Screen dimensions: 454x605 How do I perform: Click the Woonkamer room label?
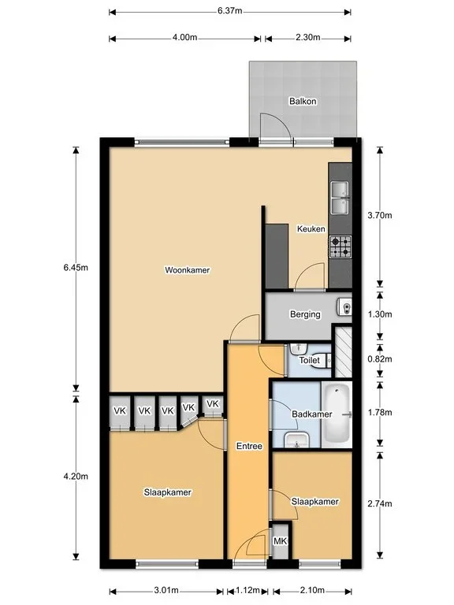pyautogui.click(x=188, y=270)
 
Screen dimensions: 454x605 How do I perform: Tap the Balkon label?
pyautogui.click(x=303, y=101)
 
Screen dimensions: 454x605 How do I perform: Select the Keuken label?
pyautogui.click(x=311, y=228)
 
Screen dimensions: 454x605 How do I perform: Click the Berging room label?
pyautogui.click(x=305, y=314)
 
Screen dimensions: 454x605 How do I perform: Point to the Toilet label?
pyautogui.click(x=310, y=360)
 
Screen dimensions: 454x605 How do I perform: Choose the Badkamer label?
pyautogui.click(x=312, y=414)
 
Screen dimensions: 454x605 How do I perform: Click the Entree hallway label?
pyautogui.click(x=249, y=446)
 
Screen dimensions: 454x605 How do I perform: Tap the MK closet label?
pyautogui.click(x=281, y=541)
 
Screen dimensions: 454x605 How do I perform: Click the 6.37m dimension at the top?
pyautogui.click(x=229, y=11)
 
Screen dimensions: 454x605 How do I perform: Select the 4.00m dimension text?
pyautogui.click(x=184, y=38)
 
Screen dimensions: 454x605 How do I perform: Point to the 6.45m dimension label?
pyautogui.click(x=76, y=267)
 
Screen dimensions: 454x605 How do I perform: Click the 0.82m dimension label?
pyautogui.click(x=380, y=359)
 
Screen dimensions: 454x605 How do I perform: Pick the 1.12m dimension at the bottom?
pyautogui.click(x=247, y=590)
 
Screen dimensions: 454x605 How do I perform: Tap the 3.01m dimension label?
pyautogui.click(x=166, y=590)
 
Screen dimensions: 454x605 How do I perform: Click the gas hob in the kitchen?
pyautogui.click(x=340, y=247)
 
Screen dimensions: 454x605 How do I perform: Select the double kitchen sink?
pyautogui.click(x=340, y=198)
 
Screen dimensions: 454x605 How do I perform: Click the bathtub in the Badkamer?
pyautogui.click(x=337, y=414)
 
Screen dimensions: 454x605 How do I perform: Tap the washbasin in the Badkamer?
pyautogui.click(x=296, y=440)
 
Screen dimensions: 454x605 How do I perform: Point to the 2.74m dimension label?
pyautogui.click(x=380, y=503)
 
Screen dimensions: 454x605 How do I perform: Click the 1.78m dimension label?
pyautogui.click(x=380, y=413)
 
